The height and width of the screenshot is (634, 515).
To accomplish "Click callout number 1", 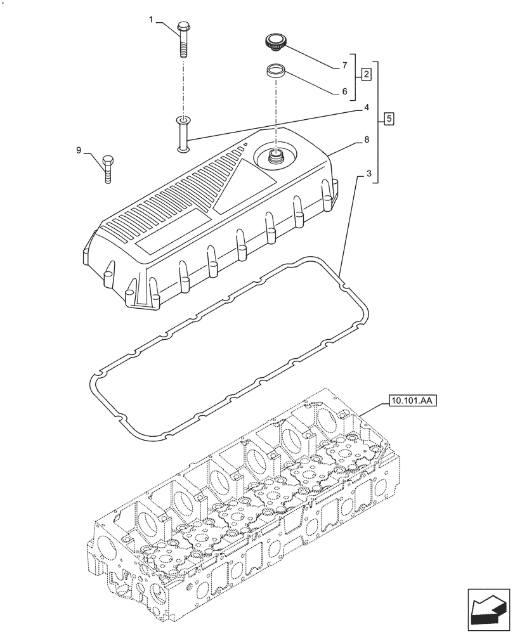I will tap(152, 20).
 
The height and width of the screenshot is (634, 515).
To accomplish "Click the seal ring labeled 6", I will tap(275, 70).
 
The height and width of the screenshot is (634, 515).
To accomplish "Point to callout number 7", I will tap(344, 65).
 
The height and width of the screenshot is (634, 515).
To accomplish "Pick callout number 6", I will tap(344, 91).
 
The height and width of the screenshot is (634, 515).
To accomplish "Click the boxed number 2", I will tap(367, 75).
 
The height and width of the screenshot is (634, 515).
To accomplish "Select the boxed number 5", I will tap(389, 119).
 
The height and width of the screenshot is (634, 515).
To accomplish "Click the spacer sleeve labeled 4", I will tap(183, 133).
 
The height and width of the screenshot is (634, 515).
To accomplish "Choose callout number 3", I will tap(360, 173).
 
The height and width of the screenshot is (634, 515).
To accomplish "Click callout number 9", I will tap(79, 150).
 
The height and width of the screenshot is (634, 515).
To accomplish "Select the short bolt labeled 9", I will tap(107, 168).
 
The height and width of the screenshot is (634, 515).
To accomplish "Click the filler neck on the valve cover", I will tap(276, 155).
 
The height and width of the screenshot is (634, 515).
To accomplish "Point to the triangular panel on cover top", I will tap(238, 184).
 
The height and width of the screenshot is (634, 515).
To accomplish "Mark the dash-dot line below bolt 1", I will tap(183, 86).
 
